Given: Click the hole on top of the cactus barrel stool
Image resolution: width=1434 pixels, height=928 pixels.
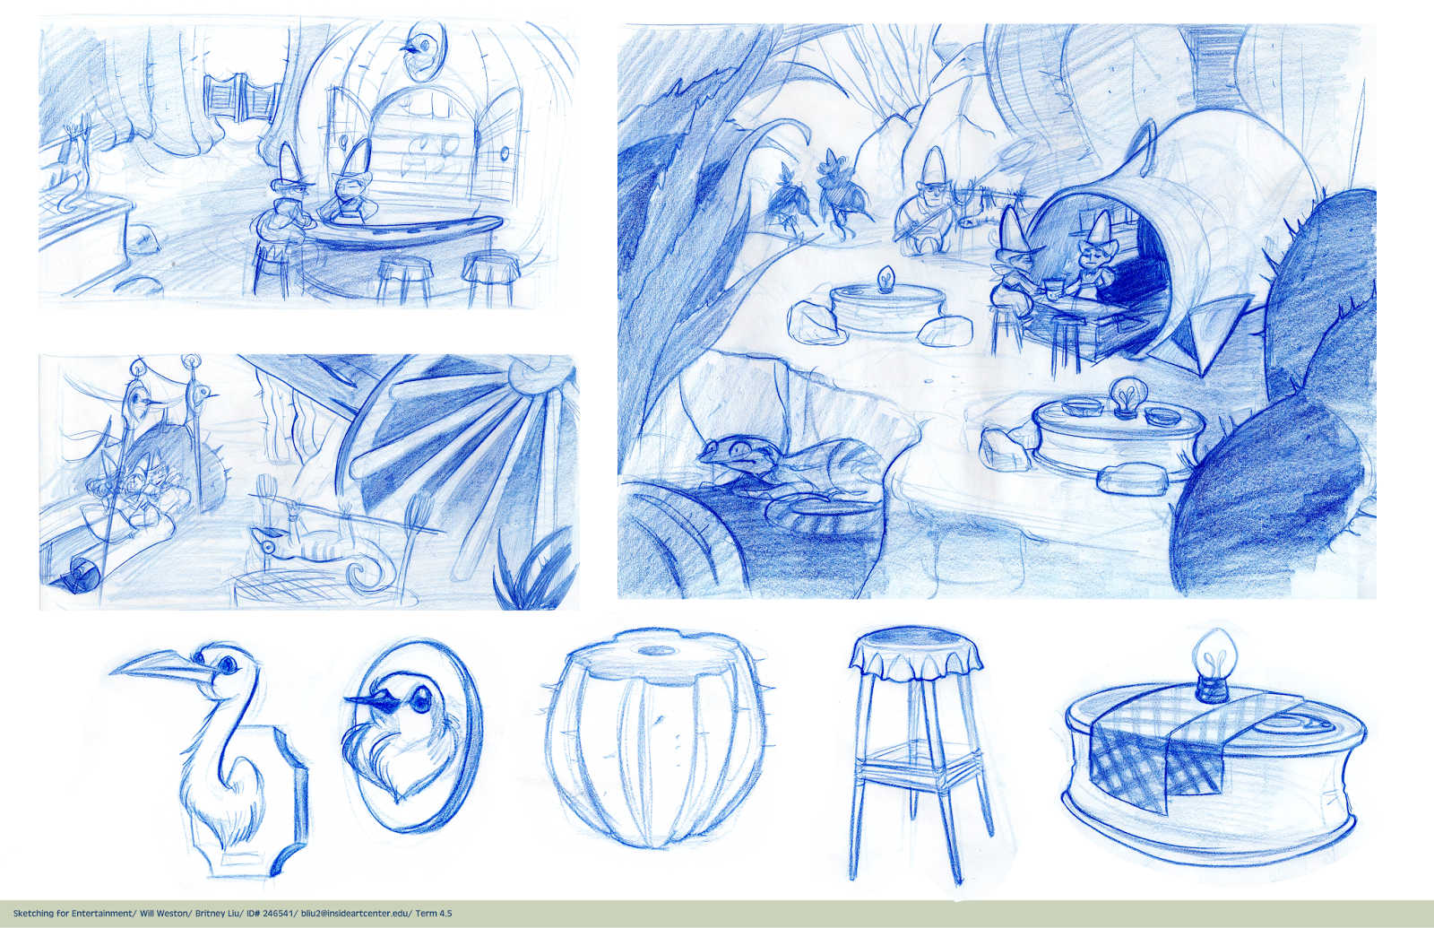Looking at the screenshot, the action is (x=658, y=650).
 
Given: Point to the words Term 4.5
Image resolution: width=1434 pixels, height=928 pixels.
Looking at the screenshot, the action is (x=434, y=914).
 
